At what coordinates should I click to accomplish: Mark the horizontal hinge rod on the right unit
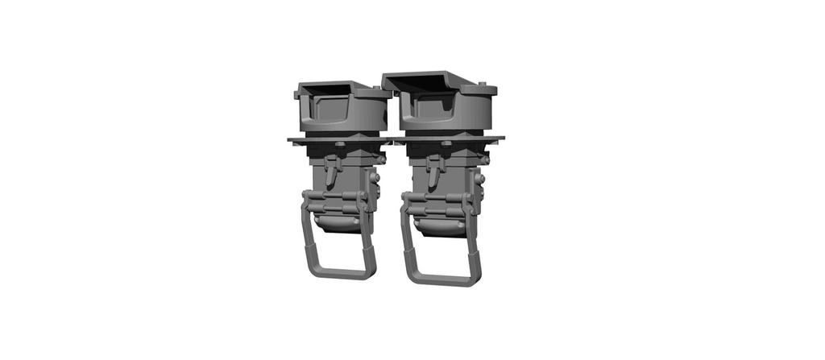pos(439,200)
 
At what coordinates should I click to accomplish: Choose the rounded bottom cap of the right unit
pos(439,227)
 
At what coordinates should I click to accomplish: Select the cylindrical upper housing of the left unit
pos(342,113)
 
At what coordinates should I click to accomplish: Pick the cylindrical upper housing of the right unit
pos(447,113)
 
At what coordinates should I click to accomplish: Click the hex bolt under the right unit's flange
pos(445,145)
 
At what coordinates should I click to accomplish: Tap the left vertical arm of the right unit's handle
pos(407,242)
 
